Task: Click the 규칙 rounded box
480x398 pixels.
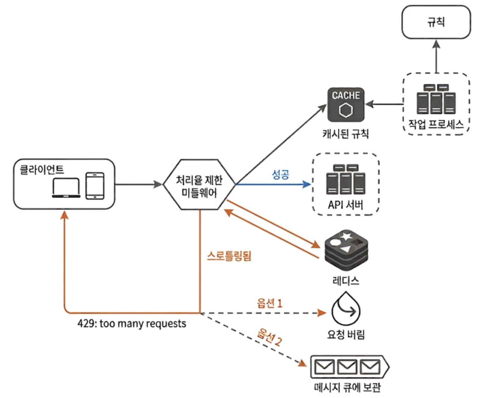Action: pos(436,22)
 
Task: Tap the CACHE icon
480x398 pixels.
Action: pos(346,105)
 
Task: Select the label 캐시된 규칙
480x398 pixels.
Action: pos(346,134)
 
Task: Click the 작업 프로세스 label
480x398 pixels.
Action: pos(436,124)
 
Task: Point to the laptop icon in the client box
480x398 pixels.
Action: pos(66,188)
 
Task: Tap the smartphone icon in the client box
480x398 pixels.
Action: pos(95,186)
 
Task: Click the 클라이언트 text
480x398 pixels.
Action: pos(41,170)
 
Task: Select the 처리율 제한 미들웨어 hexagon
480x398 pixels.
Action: pos(199,184)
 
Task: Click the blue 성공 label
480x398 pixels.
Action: pos(280,175)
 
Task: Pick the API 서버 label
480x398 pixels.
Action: pos(346,205)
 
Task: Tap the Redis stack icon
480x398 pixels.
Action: pos(346,250)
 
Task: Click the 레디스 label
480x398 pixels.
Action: pos(346,281)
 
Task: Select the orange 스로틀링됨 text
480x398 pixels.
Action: pos(229,256)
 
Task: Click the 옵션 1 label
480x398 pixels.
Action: pos(269,304)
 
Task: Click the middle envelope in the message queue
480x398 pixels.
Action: pos(347,367)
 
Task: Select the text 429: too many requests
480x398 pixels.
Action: pos(132,324)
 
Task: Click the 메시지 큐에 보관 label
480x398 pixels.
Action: pos(347,387)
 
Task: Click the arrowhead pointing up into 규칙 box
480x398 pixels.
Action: pos(436,44)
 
